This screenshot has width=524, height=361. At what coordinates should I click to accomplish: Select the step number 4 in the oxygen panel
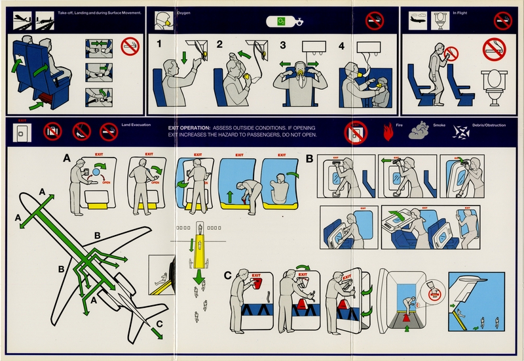click(x=341, y=46)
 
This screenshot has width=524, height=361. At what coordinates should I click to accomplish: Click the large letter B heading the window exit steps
click(x=310, y=158)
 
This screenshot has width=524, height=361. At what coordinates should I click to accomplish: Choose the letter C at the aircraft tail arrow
click(x=160, y=323)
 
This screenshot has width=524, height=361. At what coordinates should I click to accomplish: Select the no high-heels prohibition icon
click(x=81, y=132)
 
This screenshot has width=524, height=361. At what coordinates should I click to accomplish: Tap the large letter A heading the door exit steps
click(x=67, y=158)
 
